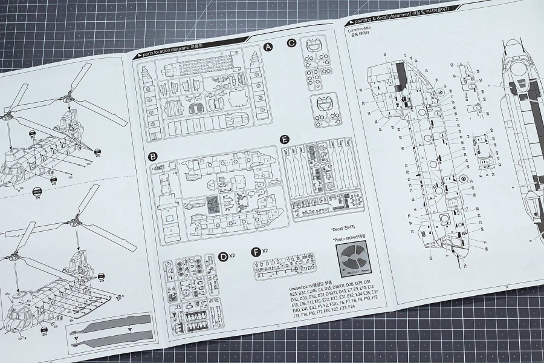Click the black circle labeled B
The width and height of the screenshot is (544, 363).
(154, 157)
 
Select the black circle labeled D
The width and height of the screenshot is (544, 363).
(224, 257)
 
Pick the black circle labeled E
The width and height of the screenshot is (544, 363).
(285, 139)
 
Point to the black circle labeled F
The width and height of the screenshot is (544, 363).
(256, 250)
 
